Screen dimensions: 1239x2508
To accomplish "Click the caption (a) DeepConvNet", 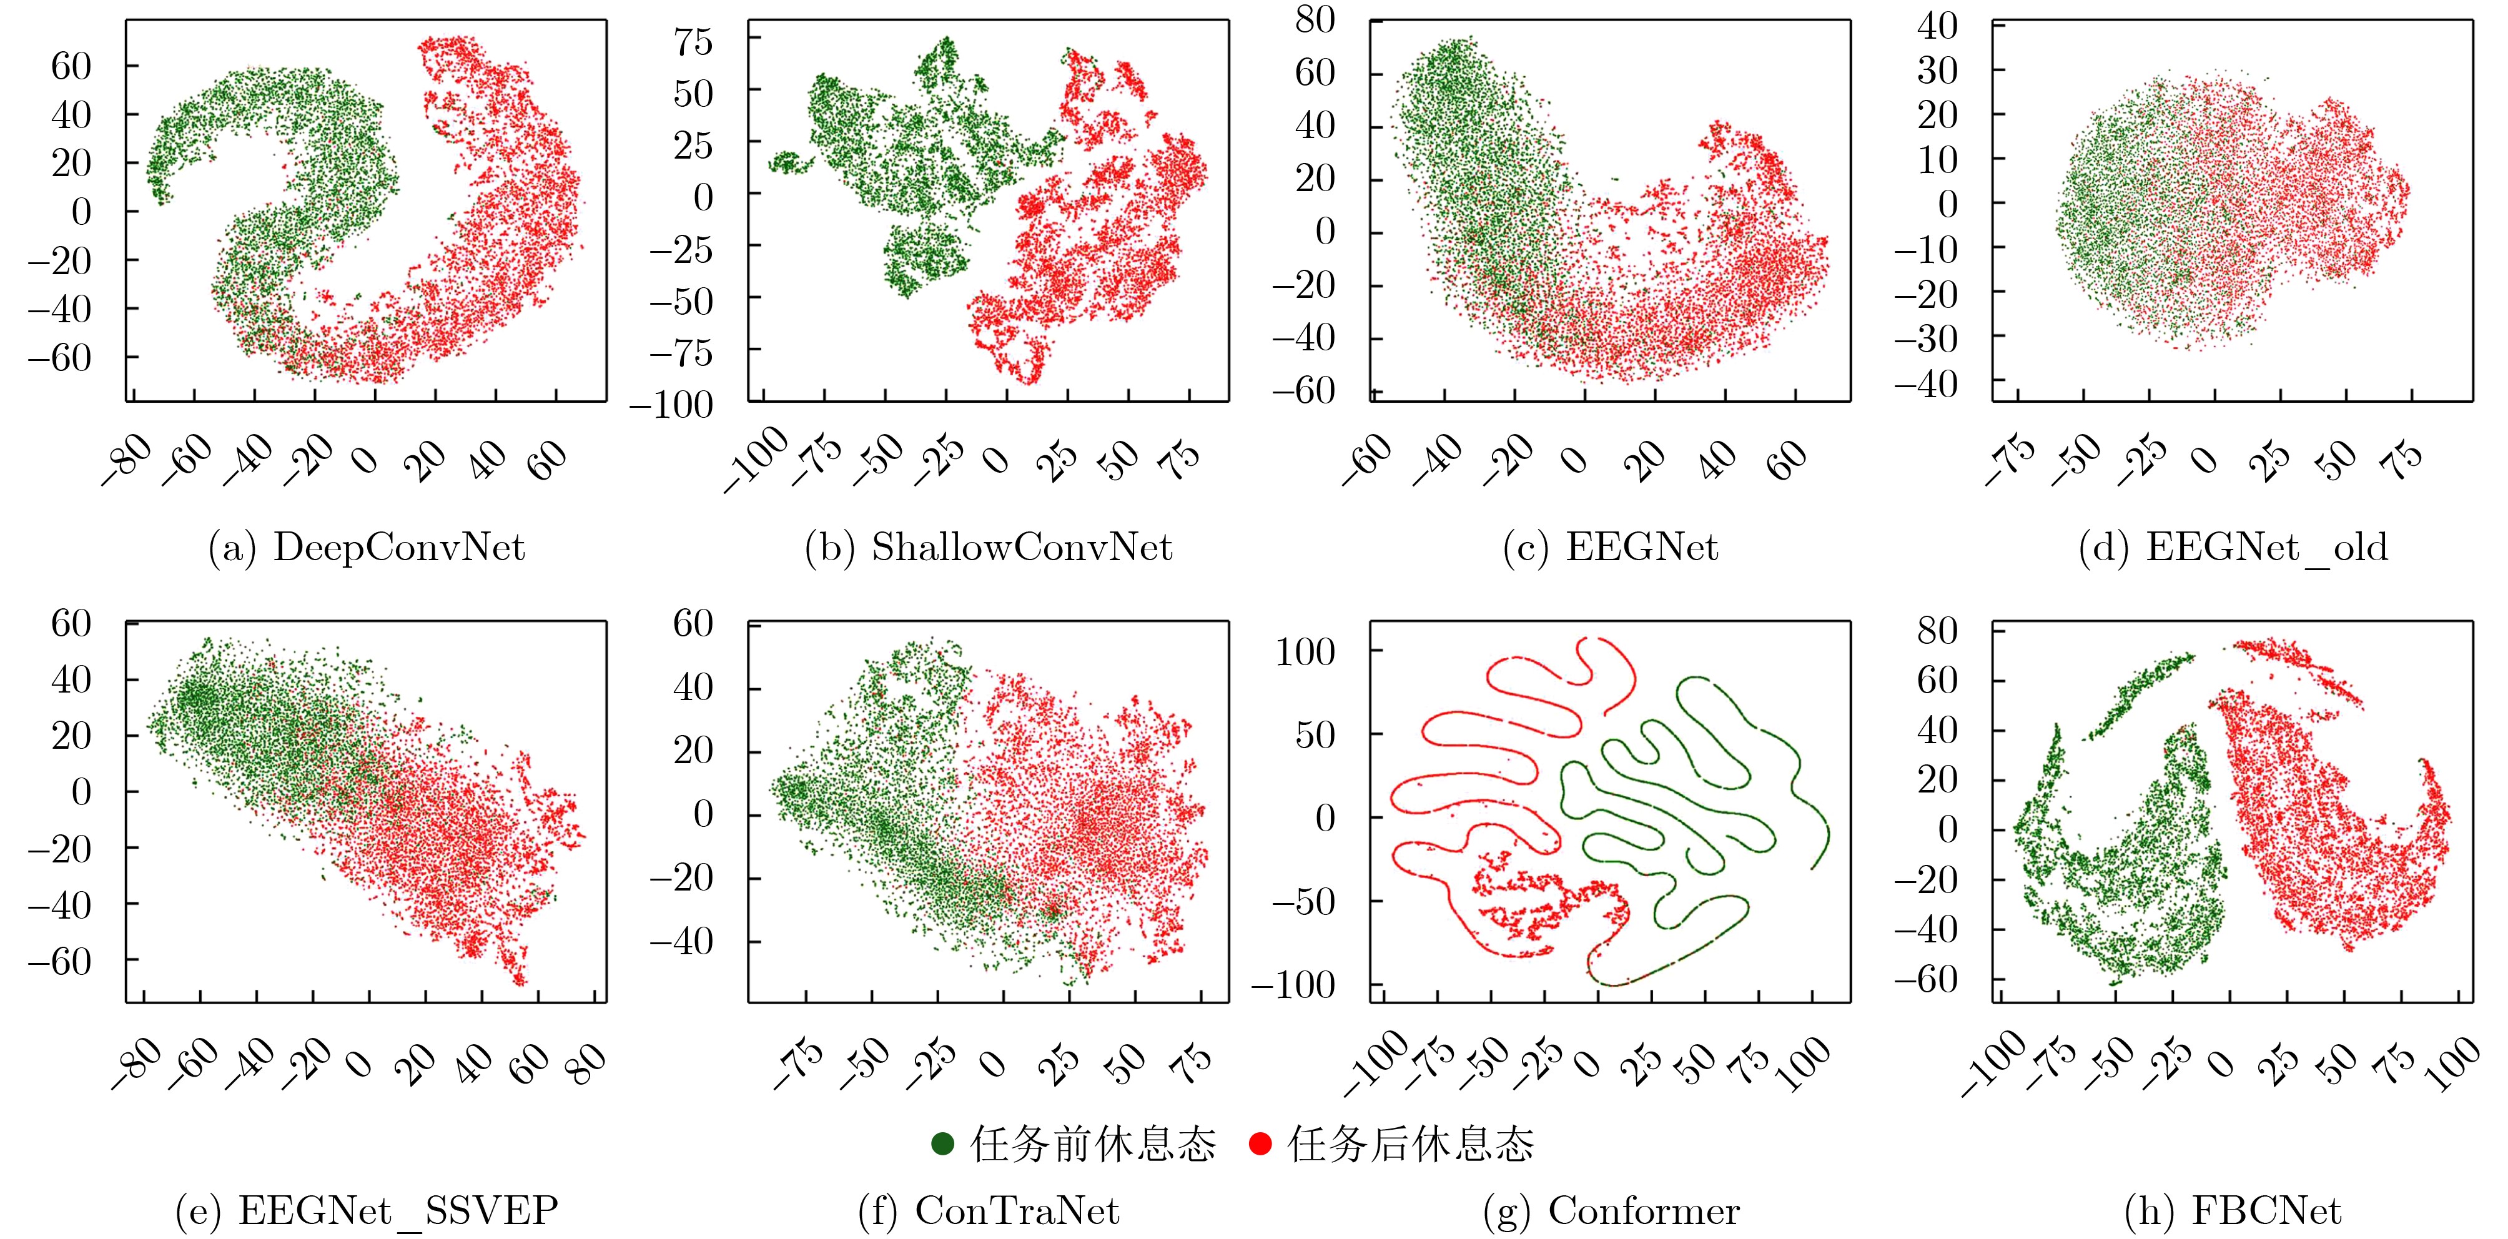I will (367, 548).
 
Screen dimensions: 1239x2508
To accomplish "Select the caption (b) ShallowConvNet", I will (988, 548).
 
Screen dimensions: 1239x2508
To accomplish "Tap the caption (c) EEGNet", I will (1611, 548).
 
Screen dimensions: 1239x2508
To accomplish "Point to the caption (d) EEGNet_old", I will (2233, 548).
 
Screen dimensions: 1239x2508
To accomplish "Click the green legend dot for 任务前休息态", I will (942, 1143).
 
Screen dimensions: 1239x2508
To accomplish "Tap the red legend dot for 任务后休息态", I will (1260, 1143).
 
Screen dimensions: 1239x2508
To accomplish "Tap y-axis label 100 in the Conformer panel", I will (1306, 652).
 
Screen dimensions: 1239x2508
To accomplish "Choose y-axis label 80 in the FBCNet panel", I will (1937, 631).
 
